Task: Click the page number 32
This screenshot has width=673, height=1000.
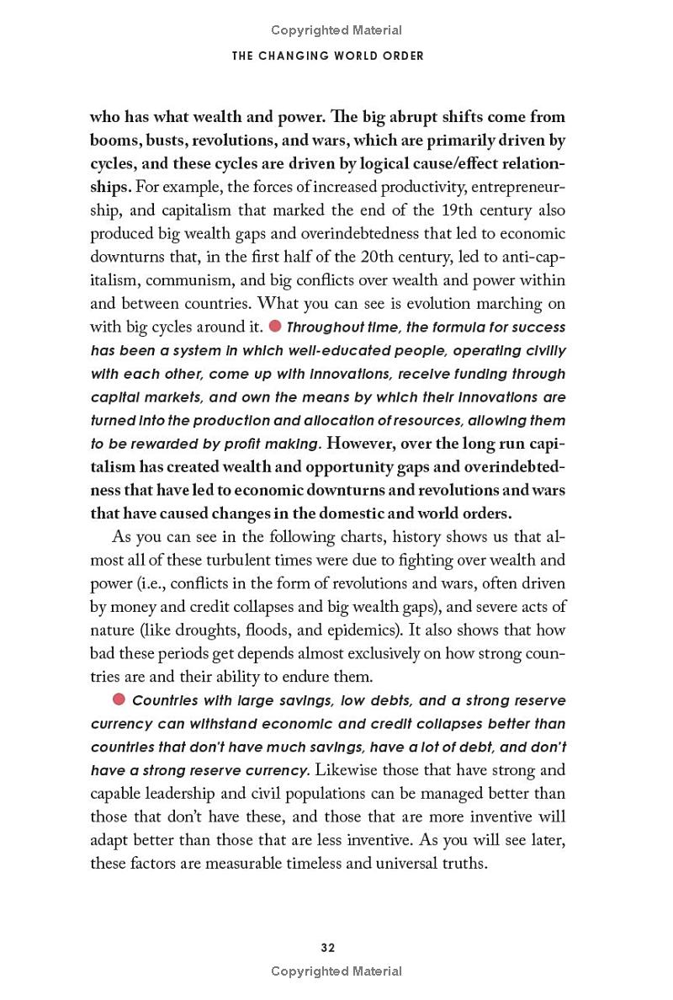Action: point(328,948)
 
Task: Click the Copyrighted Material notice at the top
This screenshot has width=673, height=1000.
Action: point(336,30)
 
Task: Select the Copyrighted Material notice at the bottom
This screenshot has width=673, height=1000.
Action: point(336,971)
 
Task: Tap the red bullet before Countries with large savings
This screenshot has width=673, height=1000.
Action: point(119,699)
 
